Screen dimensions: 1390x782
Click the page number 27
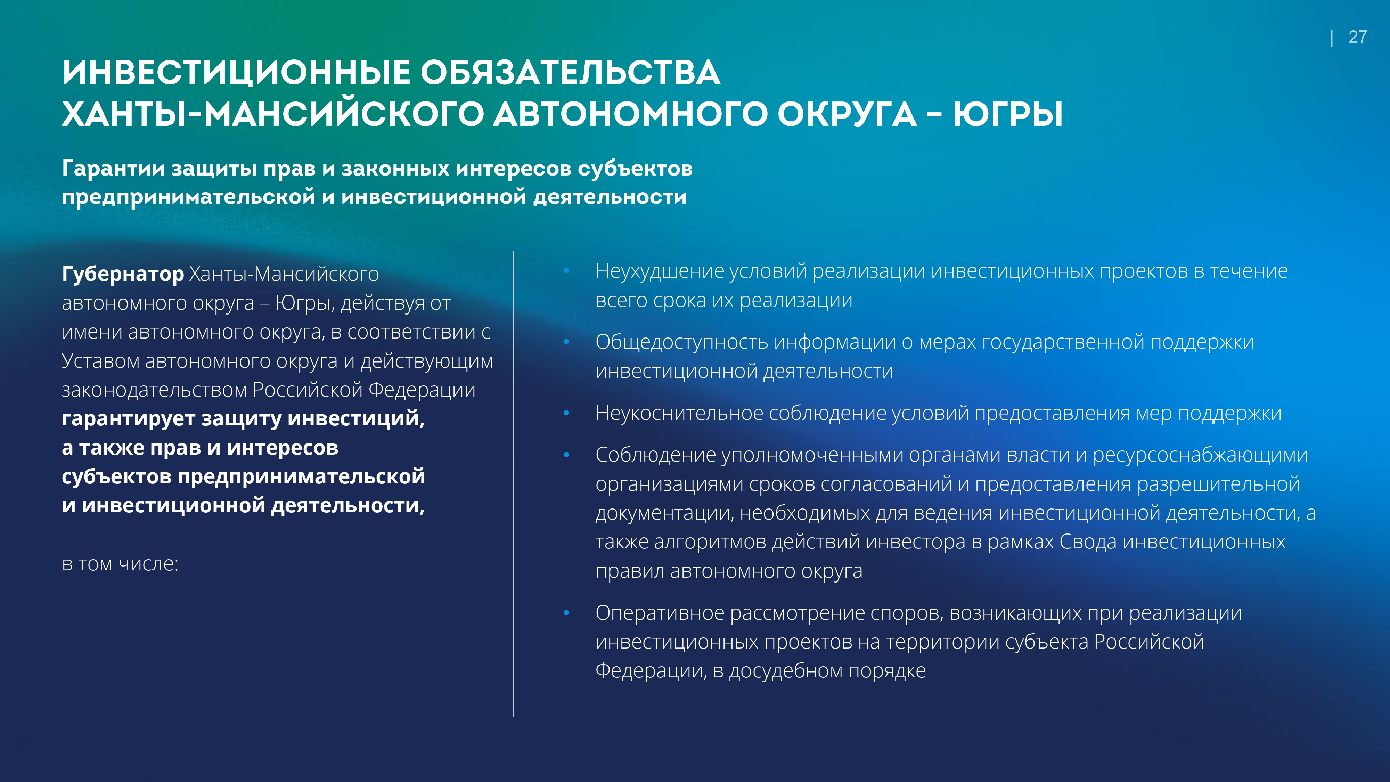coord(1358,37)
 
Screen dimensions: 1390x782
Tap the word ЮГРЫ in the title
coord(1008,114)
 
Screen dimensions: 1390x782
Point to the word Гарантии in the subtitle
coord(113,168)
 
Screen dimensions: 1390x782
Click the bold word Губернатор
coord(123,275)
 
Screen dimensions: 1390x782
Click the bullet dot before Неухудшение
coord(566,271)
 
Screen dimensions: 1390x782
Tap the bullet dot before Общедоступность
coord(566,342)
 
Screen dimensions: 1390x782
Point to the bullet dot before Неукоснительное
coord(566,413)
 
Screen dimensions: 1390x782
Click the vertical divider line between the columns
coord(513,483)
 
